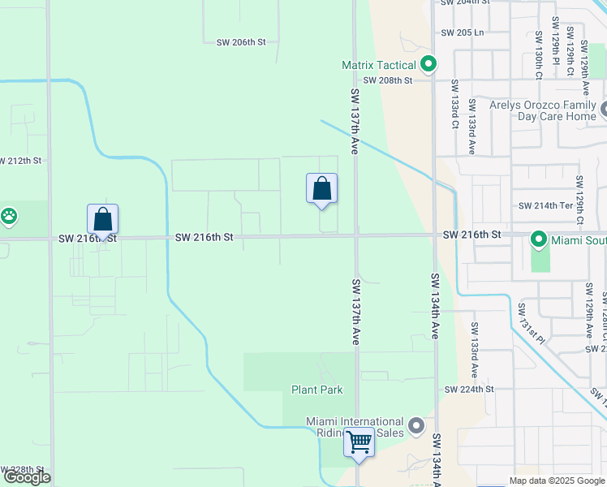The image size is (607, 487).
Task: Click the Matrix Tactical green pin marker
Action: (x=428, y=64)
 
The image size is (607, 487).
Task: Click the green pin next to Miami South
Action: (x=537, y=239)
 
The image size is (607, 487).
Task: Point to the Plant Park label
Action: (x=317, y=390)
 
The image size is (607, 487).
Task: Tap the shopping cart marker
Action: (x=359, y=443)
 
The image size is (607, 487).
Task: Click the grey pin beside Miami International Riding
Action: (x=417, y=426)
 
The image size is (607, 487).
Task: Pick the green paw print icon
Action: (x=9, y=216)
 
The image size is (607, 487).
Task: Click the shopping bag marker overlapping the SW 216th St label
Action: (x=103, y=219)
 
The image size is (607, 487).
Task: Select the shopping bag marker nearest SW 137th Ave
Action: (x=322, y=188)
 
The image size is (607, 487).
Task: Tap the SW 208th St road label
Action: (x=388, y=80)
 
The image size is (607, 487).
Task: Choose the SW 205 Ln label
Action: (x=463, y=33)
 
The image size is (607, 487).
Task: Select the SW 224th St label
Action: (x=469, y=390)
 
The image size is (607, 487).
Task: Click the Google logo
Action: (x=27, y=477)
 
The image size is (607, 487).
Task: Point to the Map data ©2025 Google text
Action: (x=556, y=481)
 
